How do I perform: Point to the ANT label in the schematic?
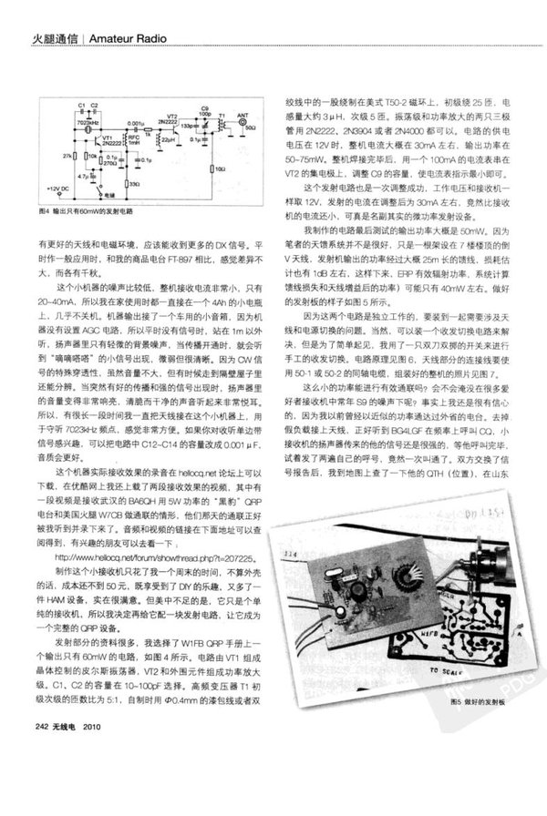tap(243, 117)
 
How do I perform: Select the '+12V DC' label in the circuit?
tap(62, 189)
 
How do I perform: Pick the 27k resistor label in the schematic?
tap(67, 156)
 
